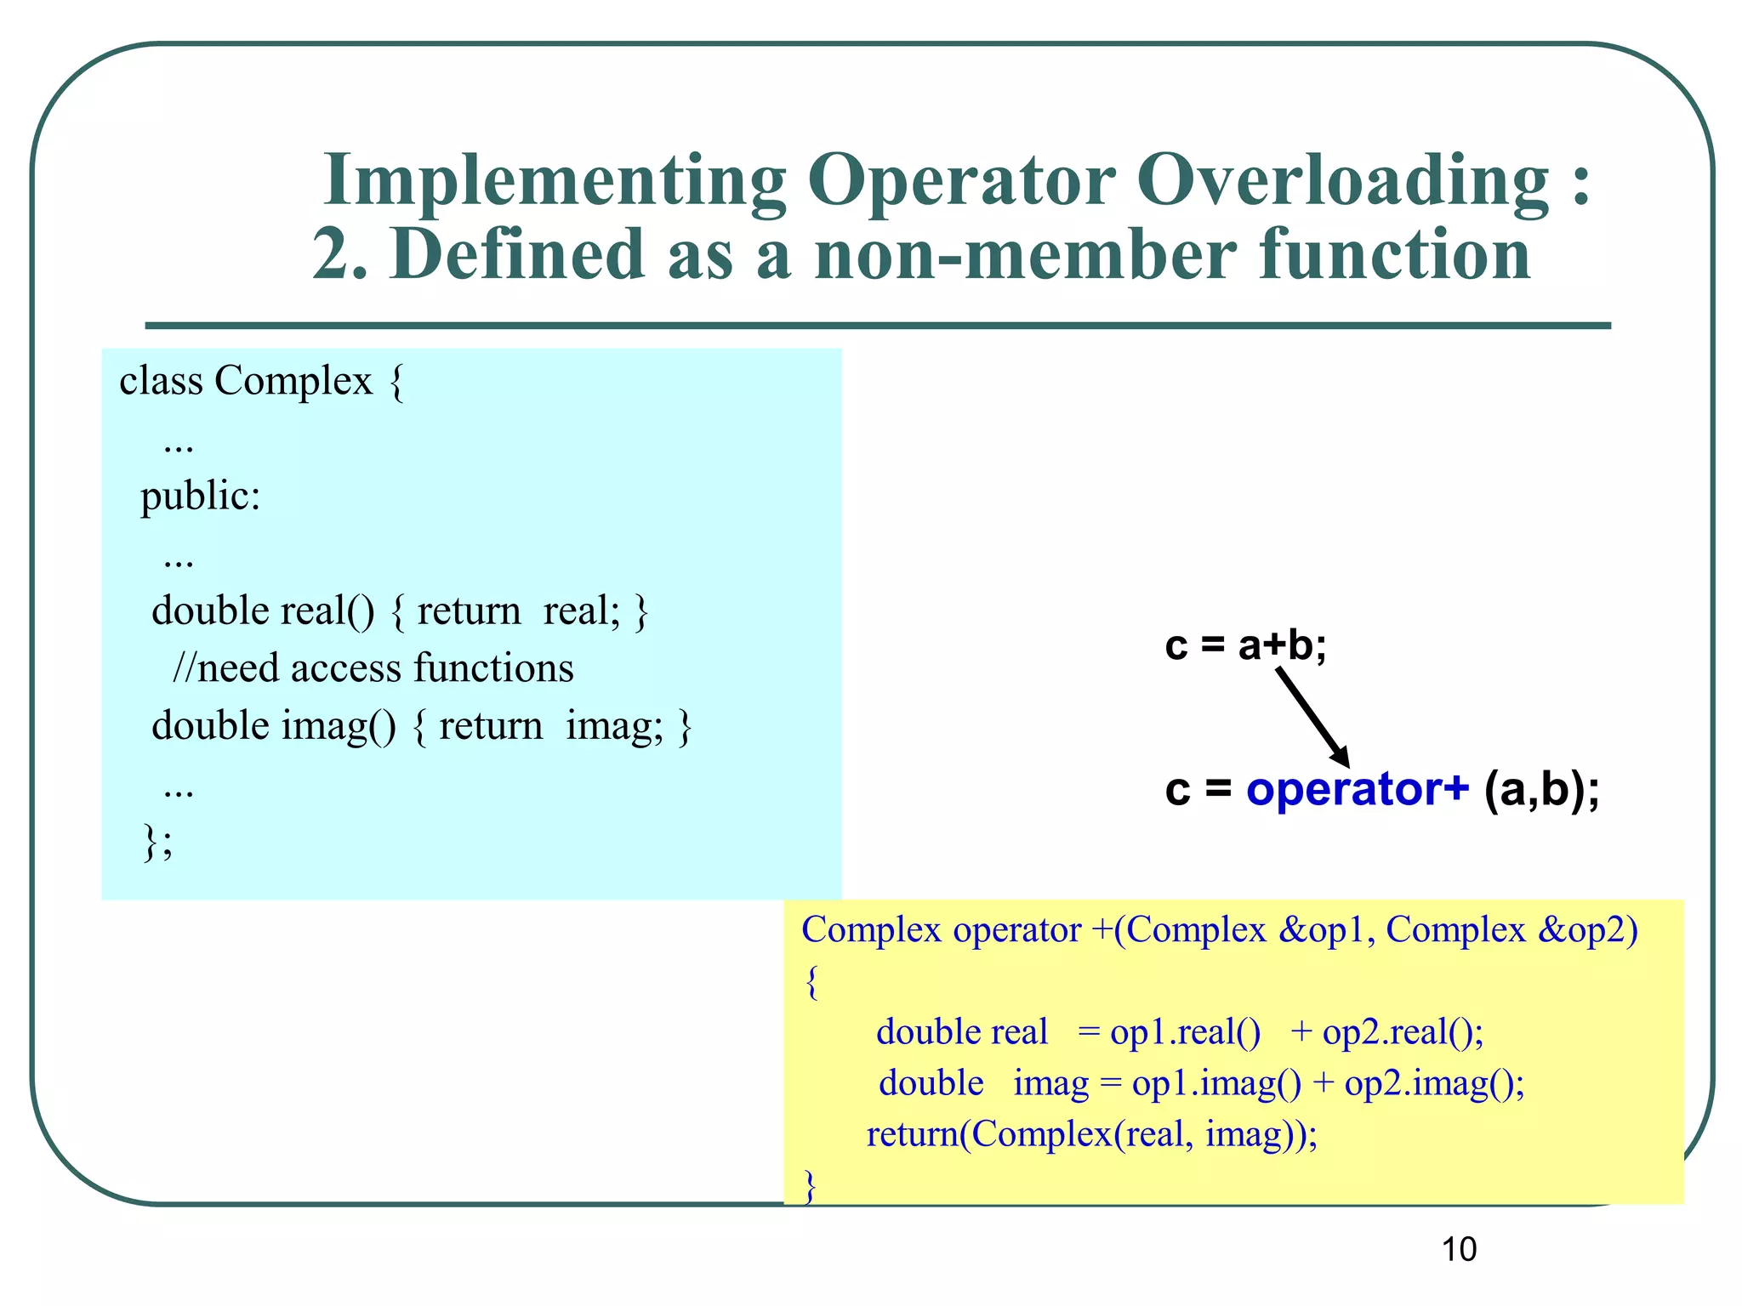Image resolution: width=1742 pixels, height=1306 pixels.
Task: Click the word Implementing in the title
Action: tap(555, 181)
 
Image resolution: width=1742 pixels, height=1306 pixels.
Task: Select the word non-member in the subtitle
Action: tap(1025, 254)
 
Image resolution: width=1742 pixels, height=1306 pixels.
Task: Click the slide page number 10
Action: tap(1459, 1249)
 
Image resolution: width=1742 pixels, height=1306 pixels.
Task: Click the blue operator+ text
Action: tap(1357, 789)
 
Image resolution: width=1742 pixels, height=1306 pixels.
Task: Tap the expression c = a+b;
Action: tap(1245, 645)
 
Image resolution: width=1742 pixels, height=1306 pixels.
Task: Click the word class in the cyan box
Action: tap(161, 380)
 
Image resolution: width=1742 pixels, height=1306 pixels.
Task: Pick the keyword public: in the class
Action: tap(200, 496)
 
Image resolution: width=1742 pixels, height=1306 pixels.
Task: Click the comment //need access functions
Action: tap(373, 668)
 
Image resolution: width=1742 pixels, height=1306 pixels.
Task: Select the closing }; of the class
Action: tap(157, 842)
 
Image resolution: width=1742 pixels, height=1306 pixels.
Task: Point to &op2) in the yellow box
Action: tap(1587, 930)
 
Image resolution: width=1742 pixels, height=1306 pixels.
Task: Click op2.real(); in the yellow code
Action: tap(1403, 1032)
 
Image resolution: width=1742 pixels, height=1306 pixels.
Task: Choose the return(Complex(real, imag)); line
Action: tap(1091, 1134)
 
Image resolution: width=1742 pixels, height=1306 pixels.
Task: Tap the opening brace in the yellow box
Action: tap(811, 982)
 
